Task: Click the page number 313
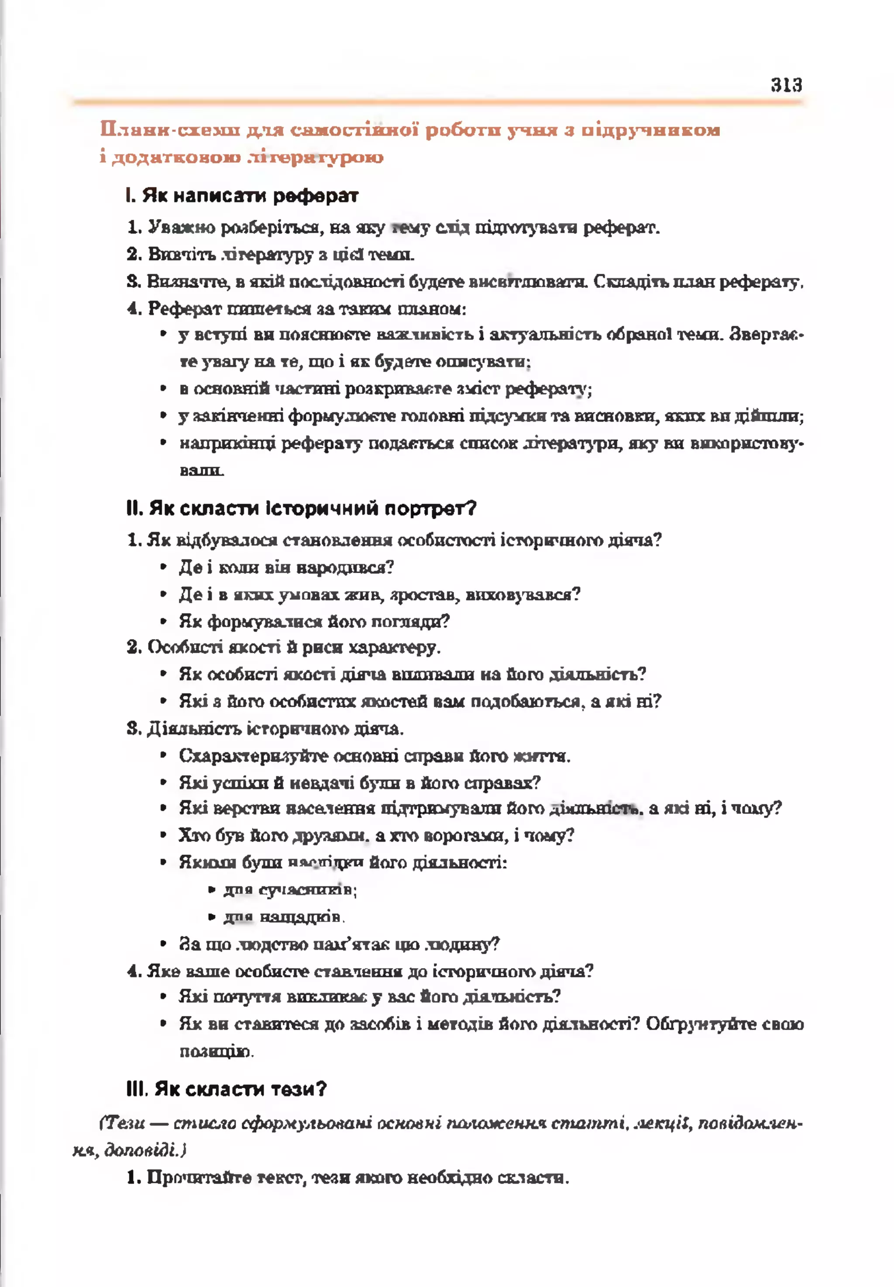point(786,85)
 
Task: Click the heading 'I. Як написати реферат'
point(242,196)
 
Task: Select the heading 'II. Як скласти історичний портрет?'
point(301,509)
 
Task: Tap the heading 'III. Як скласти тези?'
point(226,1089)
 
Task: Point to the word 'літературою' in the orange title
point(314,157)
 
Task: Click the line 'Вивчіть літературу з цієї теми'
point(271,255)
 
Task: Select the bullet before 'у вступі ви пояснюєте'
point(164,335)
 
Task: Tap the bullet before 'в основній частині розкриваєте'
point(164,388)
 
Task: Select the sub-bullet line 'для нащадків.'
point(283,917)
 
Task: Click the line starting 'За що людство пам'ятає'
point(339,944)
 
